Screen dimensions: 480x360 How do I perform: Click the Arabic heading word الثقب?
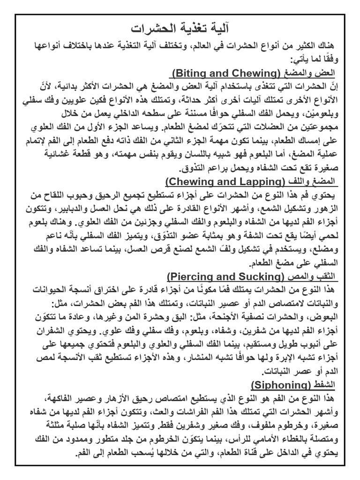click(x=328, y=275)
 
